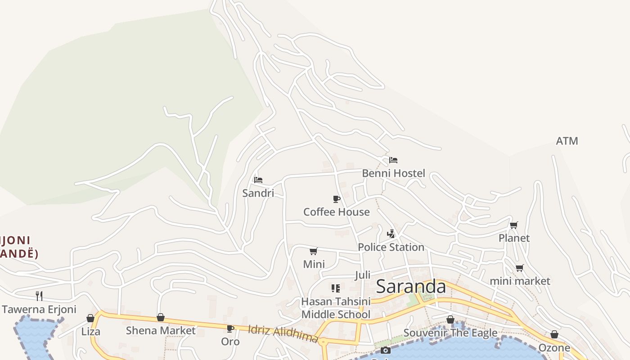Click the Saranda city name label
(410, 287)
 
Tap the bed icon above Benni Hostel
(393, 160)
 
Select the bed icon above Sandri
(258, 180)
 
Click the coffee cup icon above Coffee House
(336, 199)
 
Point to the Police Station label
(391, 247)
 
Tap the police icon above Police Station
(391, 234)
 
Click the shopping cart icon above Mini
(314, 251)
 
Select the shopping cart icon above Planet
(513, 225)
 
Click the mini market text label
(520, 281)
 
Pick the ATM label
(567, 141)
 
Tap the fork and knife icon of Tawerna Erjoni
(39, 296)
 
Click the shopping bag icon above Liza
(90, 319)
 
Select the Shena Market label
(161, 331)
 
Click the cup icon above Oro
(230, 329)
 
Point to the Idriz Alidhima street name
(283, 333)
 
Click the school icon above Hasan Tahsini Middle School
(336, 288)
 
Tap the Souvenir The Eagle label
(450, 333)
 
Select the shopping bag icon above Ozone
(554, 335)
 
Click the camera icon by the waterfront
(386, 351)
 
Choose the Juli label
(363, 275)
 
